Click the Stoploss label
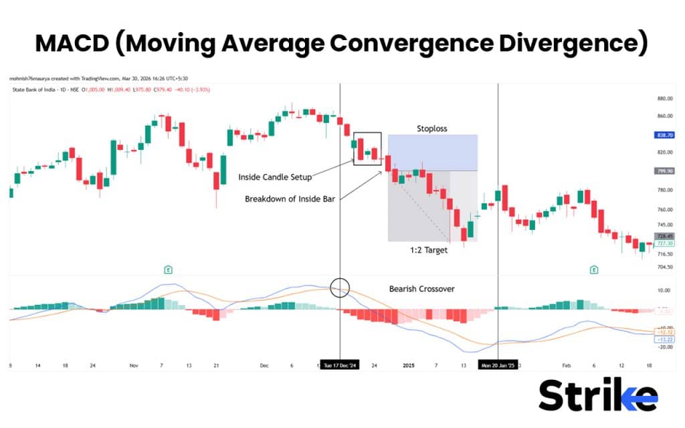click(x=431, y=128)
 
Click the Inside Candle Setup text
click(x=274, y=177)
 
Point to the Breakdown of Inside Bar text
click(x=289, y=199)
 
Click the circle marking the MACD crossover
click(x=340, y=288)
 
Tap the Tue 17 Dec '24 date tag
click(x=340, y=366)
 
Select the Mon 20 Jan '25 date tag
click(x=498, y=366)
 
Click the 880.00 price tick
click(x=664, y=98)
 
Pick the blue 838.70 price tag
click(x=664, y=134)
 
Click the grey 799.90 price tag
click(x=664, y=171)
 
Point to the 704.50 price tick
click(x=664, y=267)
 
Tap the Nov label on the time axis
click(x=134, y=366)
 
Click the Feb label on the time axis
click(x=567, y=366)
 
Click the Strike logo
click(x=597, y=395)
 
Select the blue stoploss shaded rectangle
click(x=432, y=152)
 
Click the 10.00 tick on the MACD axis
click(x=664, y=290)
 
